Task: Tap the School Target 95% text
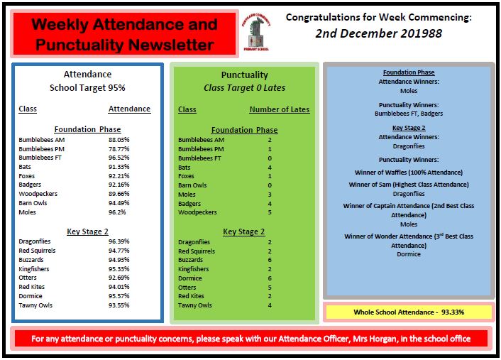coord(87,88)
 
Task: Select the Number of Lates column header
coord(279,109)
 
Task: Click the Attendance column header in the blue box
coord(129,109)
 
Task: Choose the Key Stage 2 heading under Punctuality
coord(243,231)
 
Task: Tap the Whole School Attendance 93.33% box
coord(408,312)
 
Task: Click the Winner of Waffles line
coord(408,173)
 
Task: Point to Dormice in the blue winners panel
coord(408,254)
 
